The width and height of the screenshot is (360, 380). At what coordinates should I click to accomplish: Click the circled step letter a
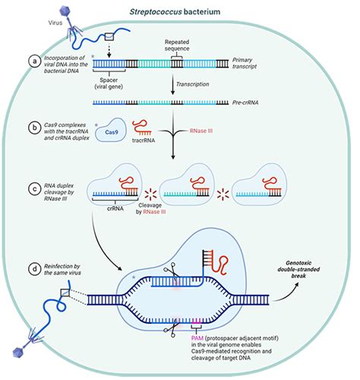[x=35, y=61]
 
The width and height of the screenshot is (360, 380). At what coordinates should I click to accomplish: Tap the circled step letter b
[x=35, y=128]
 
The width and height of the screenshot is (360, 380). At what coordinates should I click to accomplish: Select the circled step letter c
[x=35, y=189]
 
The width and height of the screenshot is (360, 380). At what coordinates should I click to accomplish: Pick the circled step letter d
[x=35, y=269]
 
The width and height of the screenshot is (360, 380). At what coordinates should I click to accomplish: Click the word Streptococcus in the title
[x=156, y=11]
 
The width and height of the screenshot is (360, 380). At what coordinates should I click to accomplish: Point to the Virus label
[x=55, y=23]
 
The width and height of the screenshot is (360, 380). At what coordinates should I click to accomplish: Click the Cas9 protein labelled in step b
[x=111, y=130]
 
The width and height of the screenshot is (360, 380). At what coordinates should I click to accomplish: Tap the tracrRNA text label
[x=144, y=140]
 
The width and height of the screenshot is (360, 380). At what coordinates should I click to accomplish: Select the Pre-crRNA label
[x=245, y=103]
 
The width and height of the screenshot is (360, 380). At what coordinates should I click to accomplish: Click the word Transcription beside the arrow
[x=192, y=84]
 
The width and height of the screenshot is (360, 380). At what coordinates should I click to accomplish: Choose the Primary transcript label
[x=245, y=63]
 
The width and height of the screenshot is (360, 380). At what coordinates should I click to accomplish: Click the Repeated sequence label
[x=177, y=45]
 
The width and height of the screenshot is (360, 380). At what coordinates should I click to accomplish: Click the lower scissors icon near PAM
[x=172, y=328]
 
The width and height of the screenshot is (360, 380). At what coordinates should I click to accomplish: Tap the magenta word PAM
[x=197, y=338]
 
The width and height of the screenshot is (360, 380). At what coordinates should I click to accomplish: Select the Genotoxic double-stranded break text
[x=298, y=269]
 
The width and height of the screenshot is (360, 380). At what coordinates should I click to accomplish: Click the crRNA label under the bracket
[x=115, y=209]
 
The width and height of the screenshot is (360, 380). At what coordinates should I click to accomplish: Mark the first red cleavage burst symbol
[x=151, y=195]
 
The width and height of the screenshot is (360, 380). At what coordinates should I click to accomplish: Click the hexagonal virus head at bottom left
[x=18, y=353]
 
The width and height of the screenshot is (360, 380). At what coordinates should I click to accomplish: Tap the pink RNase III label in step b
[x=201, y=131]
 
